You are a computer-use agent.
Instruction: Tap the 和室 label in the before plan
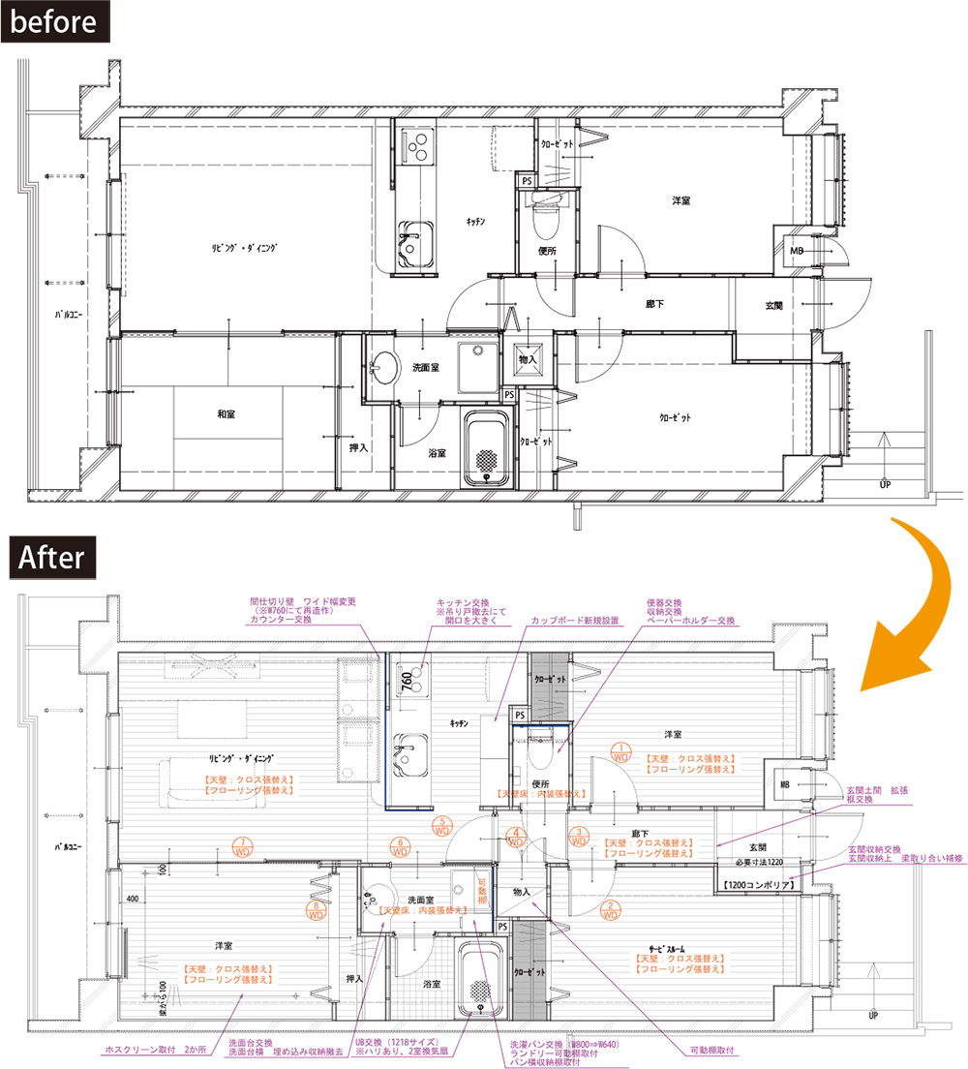226,414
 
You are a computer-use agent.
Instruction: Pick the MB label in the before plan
797,251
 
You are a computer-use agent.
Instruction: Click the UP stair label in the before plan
885,484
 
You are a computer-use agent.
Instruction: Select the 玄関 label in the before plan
774,306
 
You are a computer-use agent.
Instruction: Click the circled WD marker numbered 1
620,752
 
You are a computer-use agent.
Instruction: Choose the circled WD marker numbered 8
317,911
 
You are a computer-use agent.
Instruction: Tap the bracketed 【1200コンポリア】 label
760,885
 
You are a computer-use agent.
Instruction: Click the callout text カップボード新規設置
575,620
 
